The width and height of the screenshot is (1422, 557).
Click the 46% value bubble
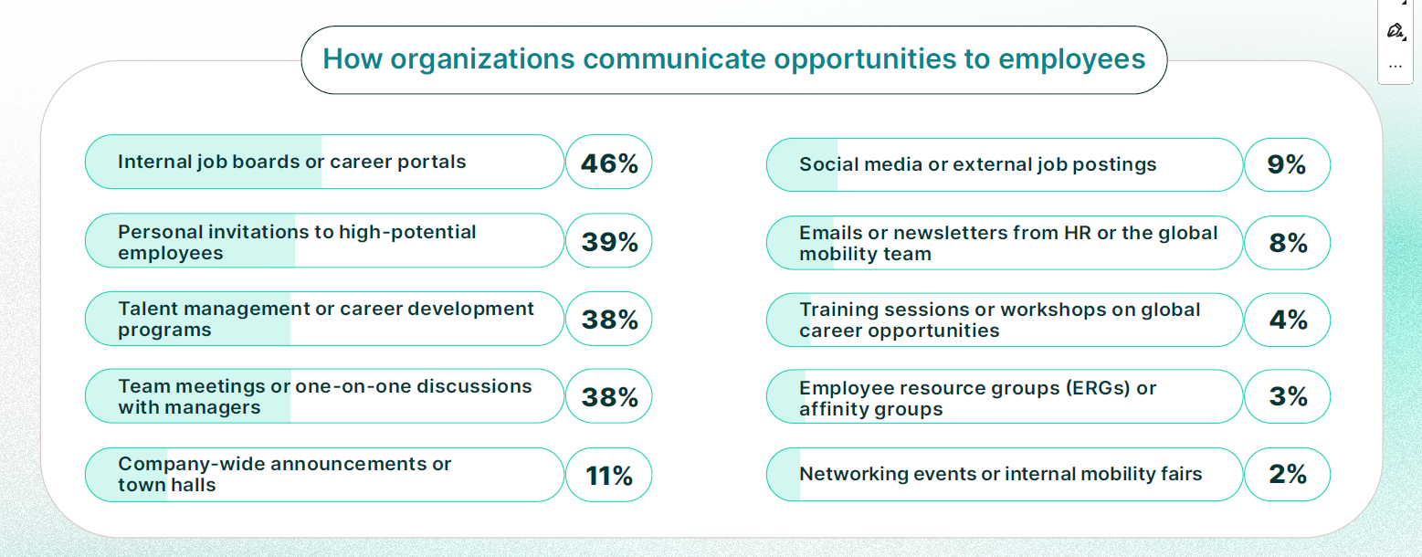[609, 162]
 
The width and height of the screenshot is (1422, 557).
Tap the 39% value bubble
[609, 240]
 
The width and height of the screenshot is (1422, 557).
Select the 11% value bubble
[609, 475]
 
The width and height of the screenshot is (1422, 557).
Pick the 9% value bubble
[1287, 165]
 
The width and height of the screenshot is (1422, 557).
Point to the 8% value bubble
[1287, 243]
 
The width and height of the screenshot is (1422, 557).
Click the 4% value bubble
[1287, 320]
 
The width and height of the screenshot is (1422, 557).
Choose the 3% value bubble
[1287, 396]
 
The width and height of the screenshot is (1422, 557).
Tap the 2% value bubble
[1287, 475]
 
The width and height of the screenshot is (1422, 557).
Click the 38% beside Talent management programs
[609, 319]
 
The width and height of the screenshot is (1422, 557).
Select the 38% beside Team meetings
[609, 396]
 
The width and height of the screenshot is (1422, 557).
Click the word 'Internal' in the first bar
[154, 162]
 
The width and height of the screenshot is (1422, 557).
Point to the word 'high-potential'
[407, 232]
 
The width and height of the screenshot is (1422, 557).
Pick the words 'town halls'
[167, 485]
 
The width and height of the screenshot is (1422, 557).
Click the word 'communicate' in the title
[674, 59]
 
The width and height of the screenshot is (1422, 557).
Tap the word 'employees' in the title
[1071, 60]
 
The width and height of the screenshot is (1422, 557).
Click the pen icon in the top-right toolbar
[1395, 30]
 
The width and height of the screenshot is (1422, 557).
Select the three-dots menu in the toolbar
[1395, 66]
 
